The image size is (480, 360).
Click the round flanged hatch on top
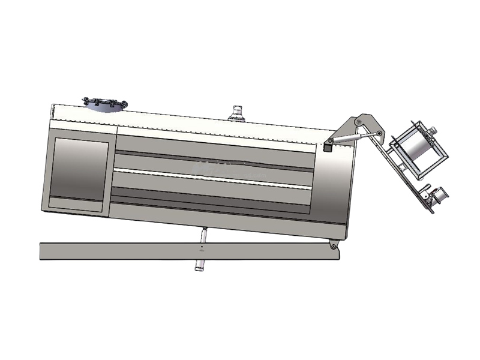pyautogui.click(x=104, y=104)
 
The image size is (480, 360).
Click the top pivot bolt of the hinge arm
pyautogui.click(x=358, y=122)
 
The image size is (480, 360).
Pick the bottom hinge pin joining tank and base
pyautogui.click(x=332, y=245)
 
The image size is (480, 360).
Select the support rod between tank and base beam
pyautogui.click(x=203, y=235)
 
